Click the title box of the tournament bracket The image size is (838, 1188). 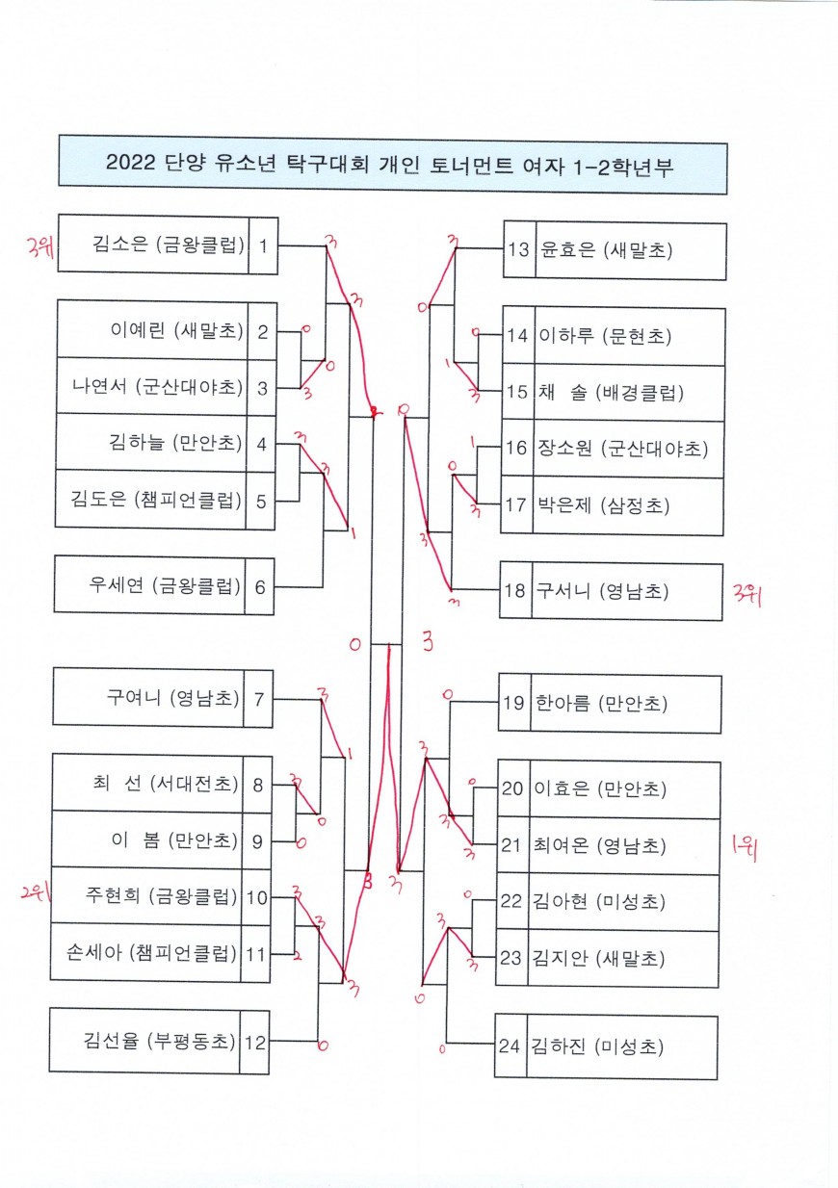point(392,164)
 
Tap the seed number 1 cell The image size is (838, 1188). point(263,245)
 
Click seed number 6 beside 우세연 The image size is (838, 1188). point(259,584)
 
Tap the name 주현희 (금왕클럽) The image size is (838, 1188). point(161,897)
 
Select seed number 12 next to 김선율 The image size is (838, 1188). point(255,1041)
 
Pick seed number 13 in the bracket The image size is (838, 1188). point(519,250)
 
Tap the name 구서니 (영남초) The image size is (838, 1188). point(603,590)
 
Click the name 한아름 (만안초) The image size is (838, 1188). point(598,703)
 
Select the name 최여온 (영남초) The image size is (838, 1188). point(598,846)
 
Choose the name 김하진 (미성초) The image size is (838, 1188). point(597,1045)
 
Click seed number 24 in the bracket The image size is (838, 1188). point(510,1045)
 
